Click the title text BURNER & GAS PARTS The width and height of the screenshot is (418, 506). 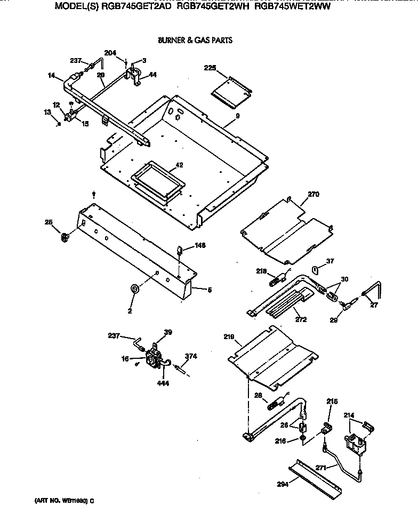coord(195,41)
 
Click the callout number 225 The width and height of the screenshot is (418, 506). coord(210,68)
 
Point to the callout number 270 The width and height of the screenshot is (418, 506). coord(313,195)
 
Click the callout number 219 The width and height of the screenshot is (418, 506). coord(229,337)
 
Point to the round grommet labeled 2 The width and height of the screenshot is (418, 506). coord(134,289)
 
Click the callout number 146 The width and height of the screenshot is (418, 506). coord(200,245)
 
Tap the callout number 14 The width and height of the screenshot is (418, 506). coord(51,76)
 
